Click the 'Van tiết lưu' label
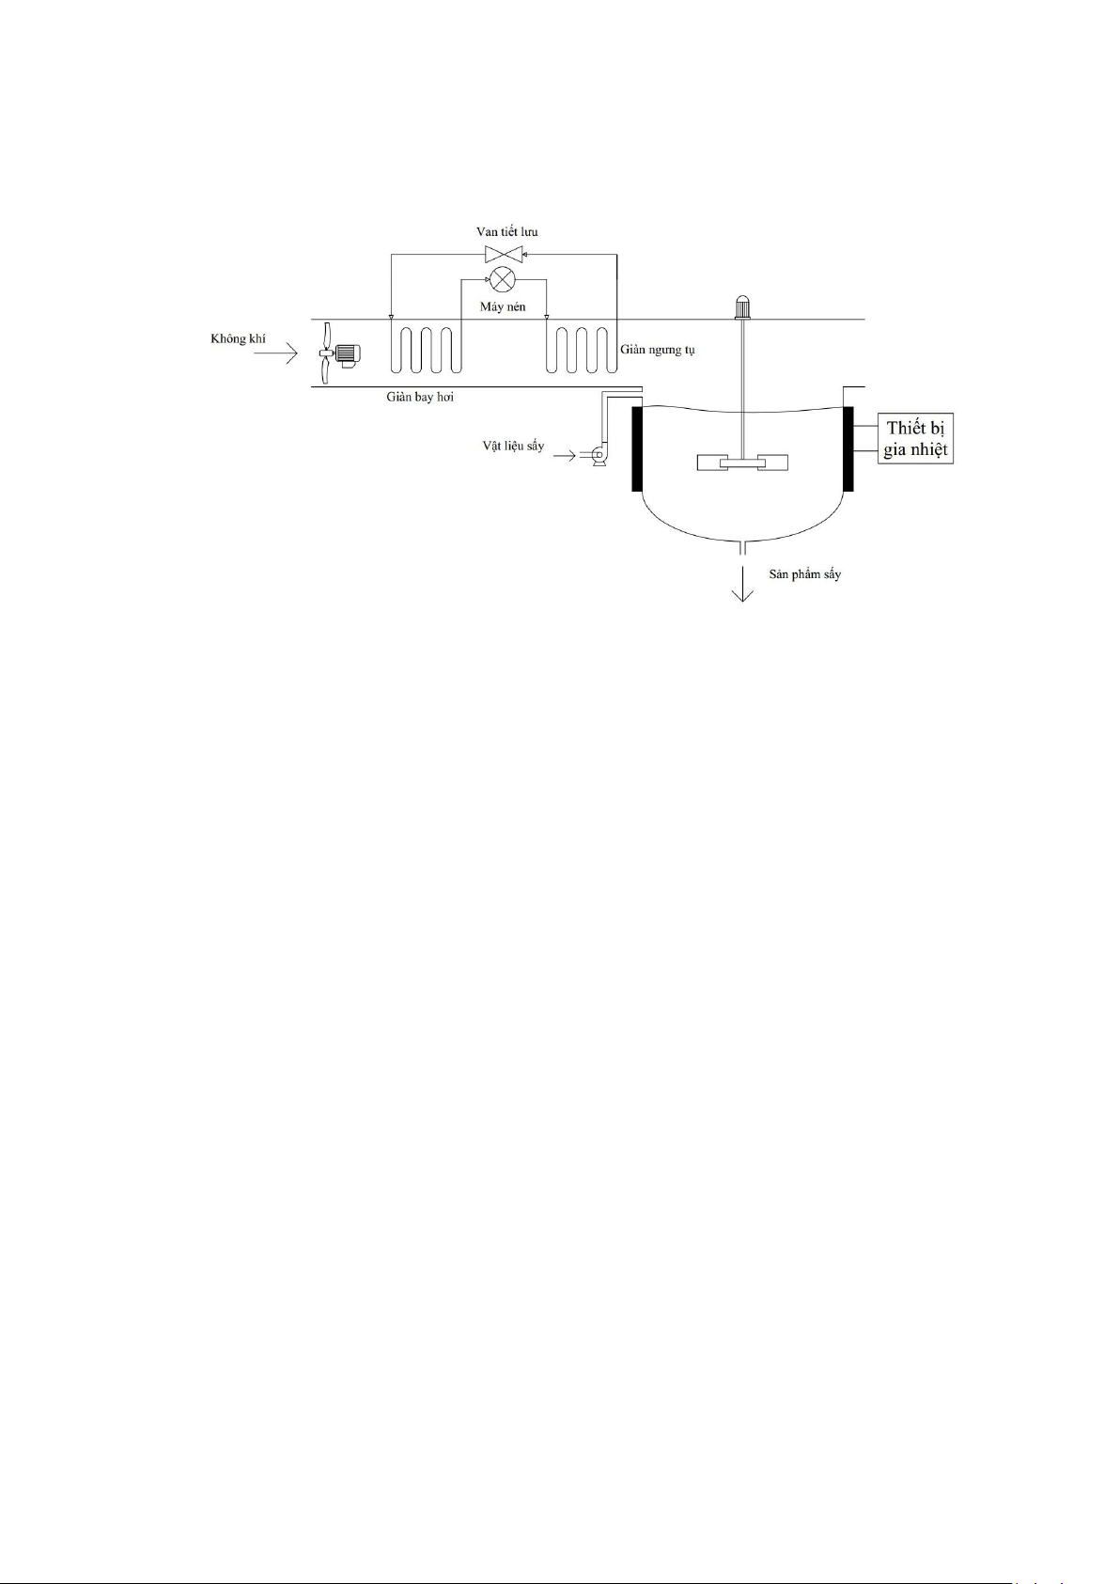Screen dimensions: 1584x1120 (x=506, y=232)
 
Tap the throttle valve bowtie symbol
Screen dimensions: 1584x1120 (x=504, y=254)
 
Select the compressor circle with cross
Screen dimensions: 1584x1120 (x=504, y=279)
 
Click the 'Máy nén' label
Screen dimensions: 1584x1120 (x=503, y=306)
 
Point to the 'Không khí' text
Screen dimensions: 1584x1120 (x=238, y=338)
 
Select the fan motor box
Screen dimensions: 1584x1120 (x=347, y=354)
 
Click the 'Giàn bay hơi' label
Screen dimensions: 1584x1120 (x=420, y=397)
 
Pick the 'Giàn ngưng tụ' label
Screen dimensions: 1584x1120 (x=658, y=350)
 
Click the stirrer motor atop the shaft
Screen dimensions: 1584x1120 (x=743, y=306)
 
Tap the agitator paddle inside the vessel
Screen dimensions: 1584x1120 (x=742, y=463)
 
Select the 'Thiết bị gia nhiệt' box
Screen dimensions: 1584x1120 (x=915, y=439)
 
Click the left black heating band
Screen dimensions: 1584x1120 (x=637, y=448)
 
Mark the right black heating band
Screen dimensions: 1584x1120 (x=848, y=448)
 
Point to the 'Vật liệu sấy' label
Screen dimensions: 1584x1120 (x=513, y=446)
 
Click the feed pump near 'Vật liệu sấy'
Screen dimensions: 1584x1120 (x=598, y=456)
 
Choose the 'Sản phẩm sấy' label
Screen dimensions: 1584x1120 (x=805, y=573)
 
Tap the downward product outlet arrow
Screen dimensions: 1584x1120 (x=743, y=584)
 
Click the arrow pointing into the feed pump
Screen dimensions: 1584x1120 (x=566, y=457)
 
